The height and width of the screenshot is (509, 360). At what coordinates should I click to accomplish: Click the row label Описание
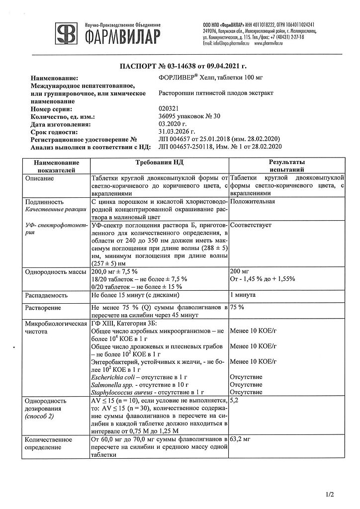tap(42, 178)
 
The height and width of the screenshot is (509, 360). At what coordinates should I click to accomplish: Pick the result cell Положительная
tap(253, 202)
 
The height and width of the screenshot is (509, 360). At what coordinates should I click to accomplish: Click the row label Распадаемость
tap(46, 295)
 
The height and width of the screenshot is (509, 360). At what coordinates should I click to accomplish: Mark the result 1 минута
tap(243, 295)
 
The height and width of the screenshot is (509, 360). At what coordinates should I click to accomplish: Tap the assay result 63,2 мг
tap(241, 440)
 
